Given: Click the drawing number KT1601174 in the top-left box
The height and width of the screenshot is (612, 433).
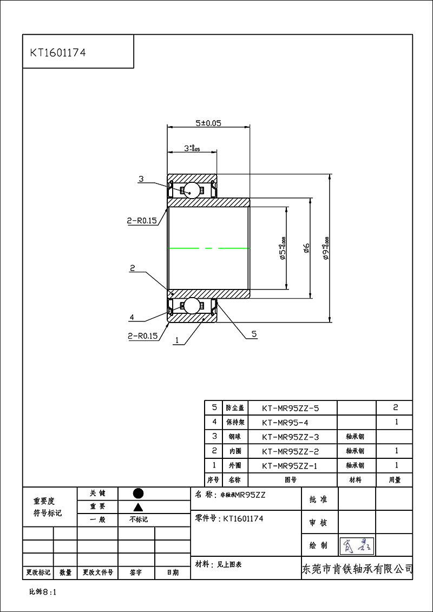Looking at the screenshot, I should (58, 53).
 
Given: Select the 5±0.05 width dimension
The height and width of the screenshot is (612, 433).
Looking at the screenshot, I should (208, 123).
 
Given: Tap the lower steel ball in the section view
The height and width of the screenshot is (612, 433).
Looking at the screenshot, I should (191, 305).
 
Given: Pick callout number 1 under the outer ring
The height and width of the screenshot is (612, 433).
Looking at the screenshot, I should (176, 341).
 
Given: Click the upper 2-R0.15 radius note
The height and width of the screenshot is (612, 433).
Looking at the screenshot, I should (142, 221).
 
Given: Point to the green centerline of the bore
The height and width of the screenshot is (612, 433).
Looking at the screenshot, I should (208, 248).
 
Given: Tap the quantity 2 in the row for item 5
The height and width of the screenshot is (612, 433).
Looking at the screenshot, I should (396, 407).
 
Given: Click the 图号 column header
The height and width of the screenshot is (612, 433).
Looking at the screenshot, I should (292, 479).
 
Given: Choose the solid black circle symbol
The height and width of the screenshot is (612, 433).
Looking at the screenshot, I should (138, 493).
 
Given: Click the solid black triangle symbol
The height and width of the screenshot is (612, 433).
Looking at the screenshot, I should (138, 507).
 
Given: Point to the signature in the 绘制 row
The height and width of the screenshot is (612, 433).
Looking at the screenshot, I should (356, 545).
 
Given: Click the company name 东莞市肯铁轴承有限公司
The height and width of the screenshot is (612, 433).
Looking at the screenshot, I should (357, 569).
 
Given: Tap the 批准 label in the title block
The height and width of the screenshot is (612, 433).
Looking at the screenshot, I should (318, 500).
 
